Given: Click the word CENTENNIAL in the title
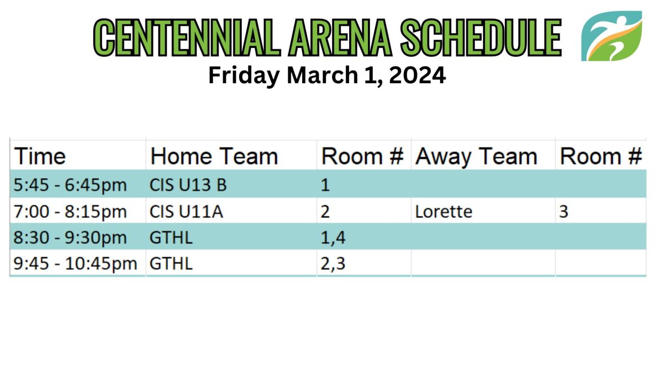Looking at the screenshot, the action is point(187,37).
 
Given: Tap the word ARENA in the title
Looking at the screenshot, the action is point(340,37).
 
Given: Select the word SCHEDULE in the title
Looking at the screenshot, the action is point(481,37).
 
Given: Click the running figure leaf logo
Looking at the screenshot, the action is point(612,36).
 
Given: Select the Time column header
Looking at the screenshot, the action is point(40,157).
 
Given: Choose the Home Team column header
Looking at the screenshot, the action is point(214,157).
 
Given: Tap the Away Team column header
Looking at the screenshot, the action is point(476,157).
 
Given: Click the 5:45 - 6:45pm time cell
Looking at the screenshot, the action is point(70,185).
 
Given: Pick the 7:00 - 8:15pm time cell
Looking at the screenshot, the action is point(70,211).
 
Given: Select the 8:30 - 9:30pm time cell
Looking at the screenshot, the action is point(70,238).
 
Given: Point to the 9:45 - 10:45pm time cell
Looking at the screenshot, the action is point(75,264).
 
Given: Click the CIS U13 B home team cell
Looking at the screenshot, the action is point(188,185).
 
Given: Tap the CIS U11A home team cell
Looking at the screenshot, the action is point(186,211).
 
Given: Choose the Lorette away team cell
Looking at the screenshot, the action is point(444,211).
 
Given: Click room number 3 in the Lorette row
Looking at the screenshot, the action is point(563,211).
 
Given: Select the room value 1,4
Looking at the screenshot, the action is point(333,238).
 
